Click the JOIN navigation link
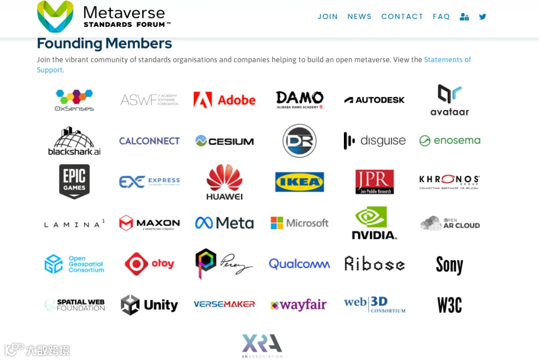point(327,16)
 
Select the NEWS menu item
point(359,16)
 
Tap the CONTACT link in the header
point(402,16)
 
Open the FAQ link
point(441,16)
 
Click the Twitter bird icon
point(483,16)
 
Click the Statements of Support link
point(447,60)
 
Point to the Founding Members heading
point(104,43)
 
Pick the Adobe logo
point(224,100)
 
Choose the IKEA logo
point(299,182)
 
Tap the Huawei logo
point(225,182)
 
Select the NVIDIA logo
point(374,223)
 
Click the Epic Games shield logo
point(74,181)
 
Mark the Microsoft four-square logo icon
point(276,223)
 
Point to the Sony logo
point(449,265)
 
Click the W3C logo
point(449,305)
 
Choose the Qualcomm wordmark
point(299,264)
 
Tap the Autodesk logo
point(374,100)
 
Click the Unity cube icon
point(130,305)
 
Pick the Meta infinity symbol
point(204,223)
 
